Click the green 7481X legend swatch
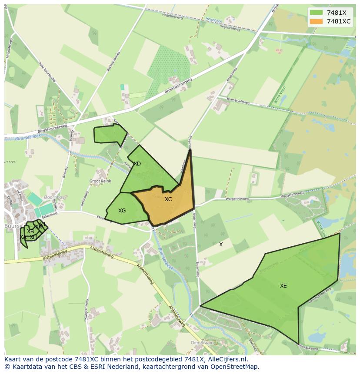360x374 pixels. tap(316, 13)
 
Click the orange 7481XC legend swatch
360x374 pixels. tap(316, 21)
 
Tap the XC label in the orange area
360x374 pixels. tap(168, 199)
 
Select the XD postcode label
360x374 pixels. tap(137, 164)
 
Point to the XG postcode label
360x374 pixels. tap(122, 211)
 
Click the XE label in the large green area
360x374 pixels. tap(283, 286)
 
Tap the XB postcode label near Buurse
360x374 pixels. tap(30, 232)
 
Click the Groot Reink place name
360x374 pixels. tap(100, 181)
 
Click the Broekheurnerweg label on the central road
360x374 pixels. tap(178, 86)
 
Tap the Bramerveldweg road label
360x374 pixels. tap(237, 101)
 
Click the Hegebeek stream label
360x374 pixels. tap(213, 19)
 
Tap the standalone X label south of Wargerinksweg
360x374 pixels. tap(221, 245)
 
